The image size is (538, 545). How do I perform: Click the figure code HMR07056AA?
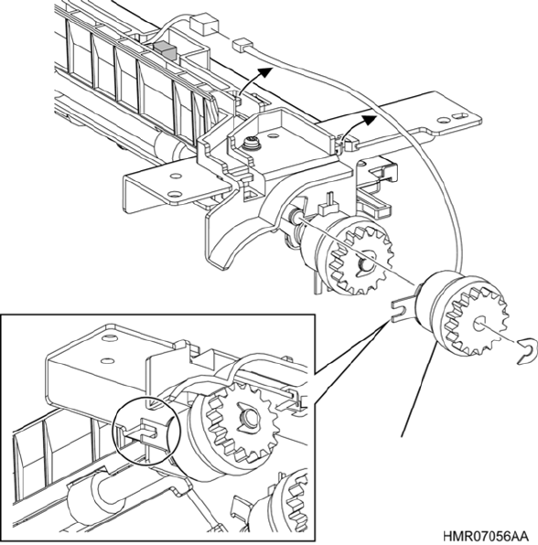(x=486, y=535)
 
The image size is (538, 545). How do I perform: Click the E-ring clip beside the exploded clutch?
(x=525, y=352)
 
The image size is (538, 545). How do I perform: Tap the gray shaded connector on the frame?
(x=167, y=50)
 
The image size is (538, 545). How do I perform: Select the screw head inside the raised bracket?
(x=251, y=144)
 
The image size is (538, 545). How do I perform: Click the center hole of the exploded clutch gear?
(x=480, y=323)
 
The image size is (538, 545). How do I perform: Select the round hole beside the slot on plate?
(x=443, y=121)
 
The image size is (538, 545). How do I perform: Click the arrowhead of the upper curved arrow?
(x=265, y=71)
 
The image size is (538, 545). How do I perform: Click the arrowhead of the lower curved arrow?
(x=370, y=119)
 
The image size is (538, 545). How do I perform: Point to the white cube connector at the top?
(x=203, y=25)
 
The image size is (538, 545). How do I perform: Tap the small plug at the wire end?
(x=241, y=46)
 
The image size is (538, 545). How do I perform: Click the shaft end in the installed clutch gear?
(x=365, y=264)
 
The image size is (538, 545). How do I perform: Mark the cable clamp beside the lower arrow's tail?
(x=348, y=144)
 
